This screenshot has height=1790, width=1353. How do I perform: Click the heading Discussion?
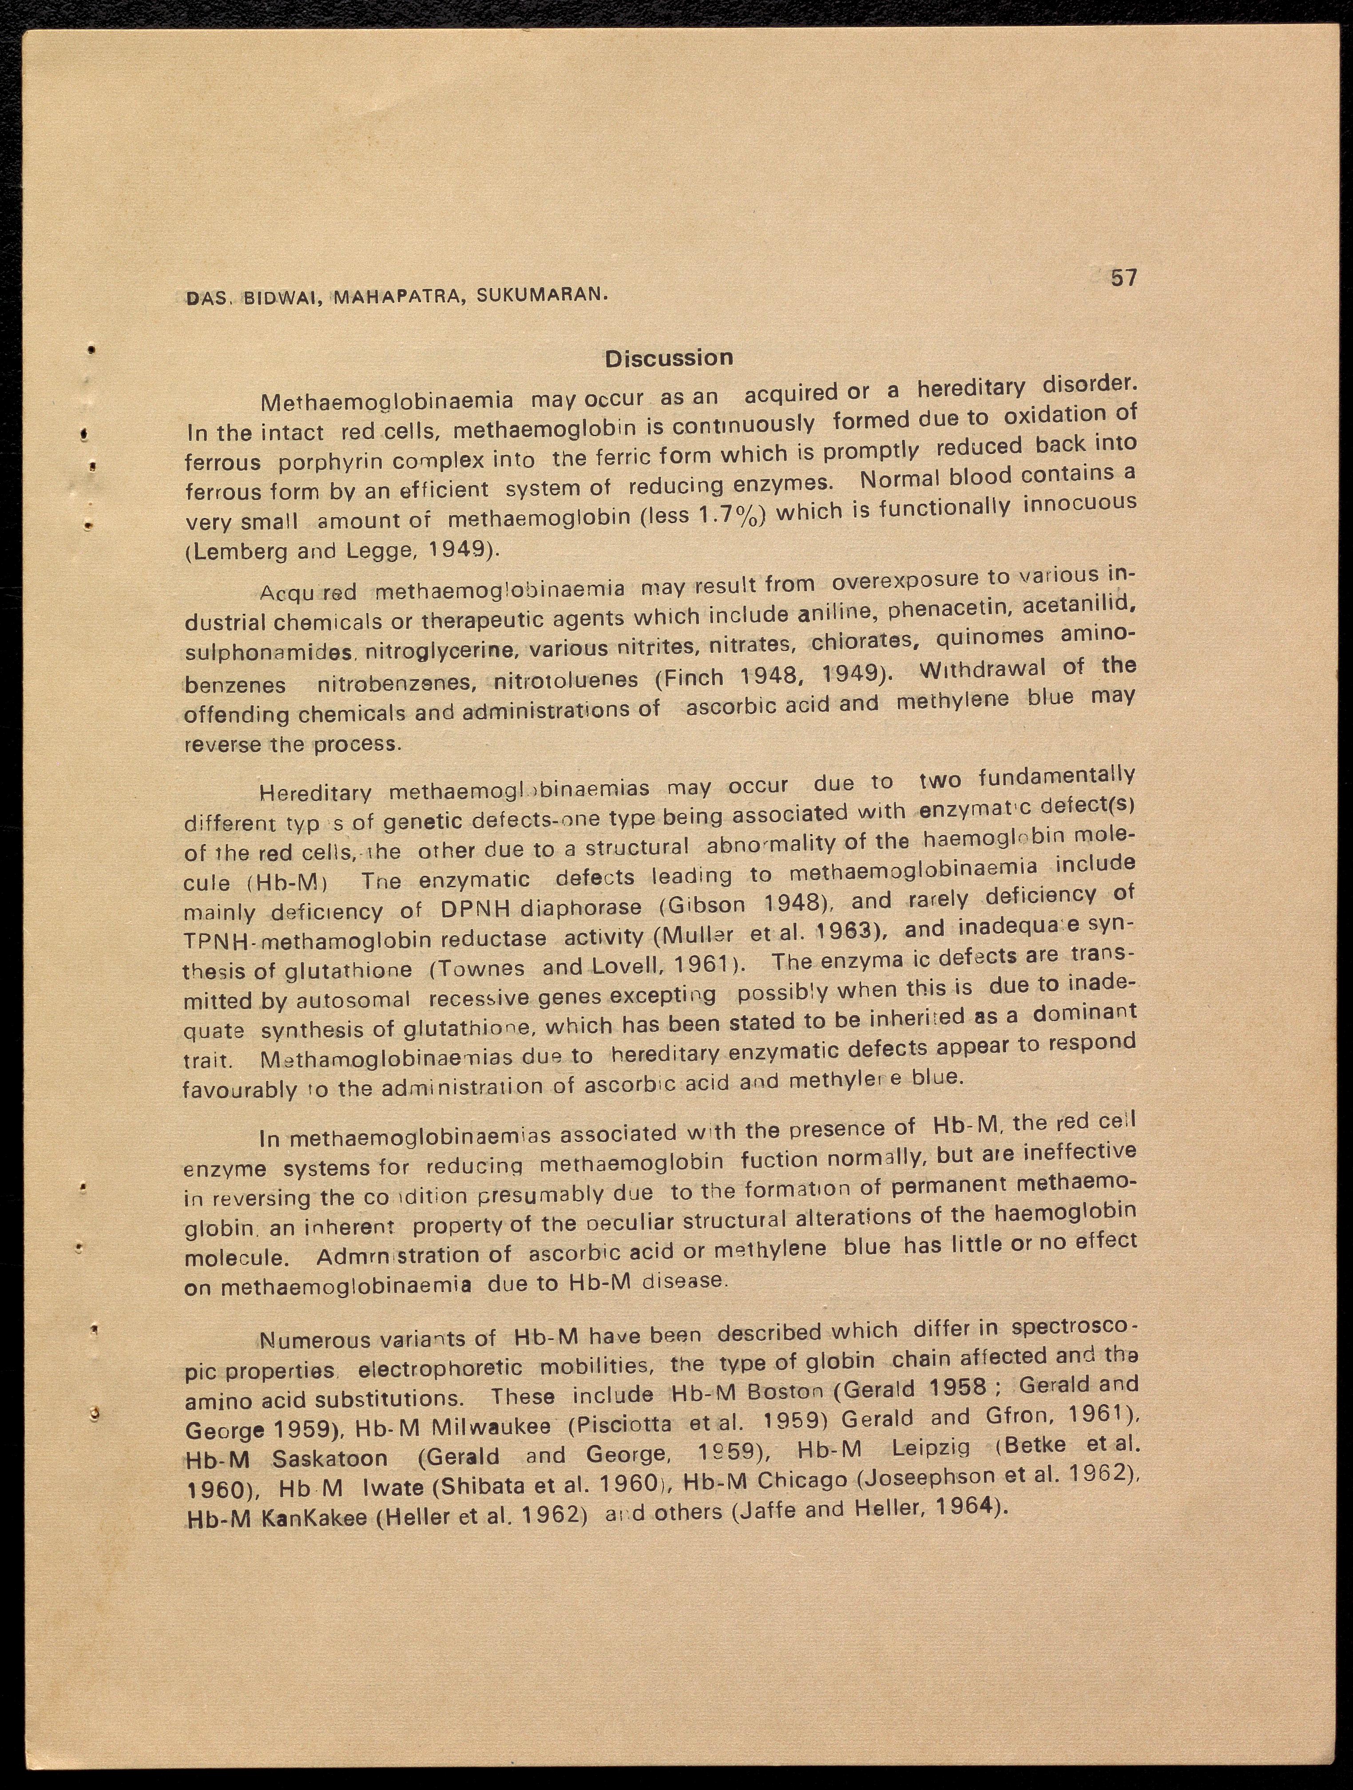[x=669, y=358]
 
